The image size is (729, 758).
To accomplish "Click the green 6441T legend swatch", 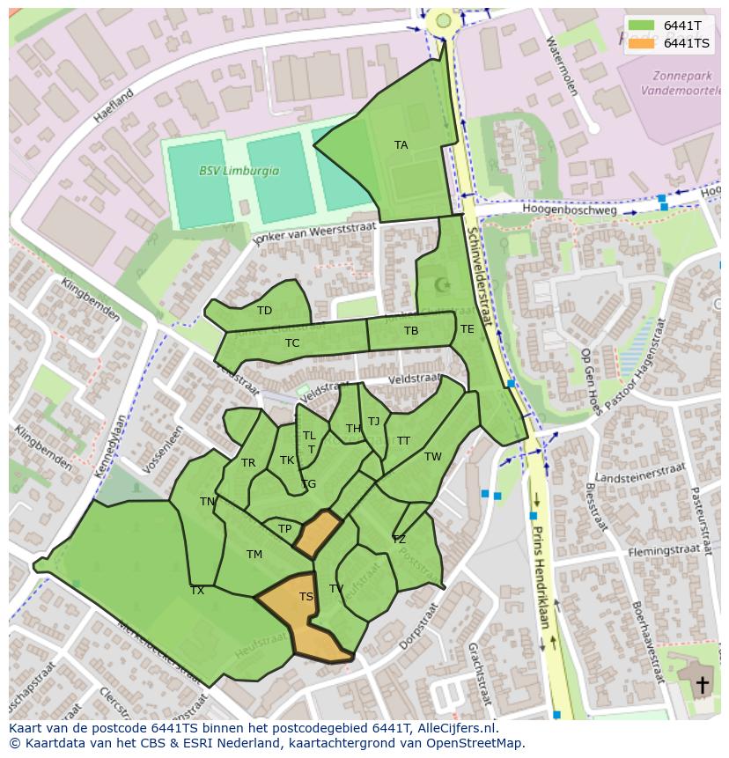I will coord(641,26).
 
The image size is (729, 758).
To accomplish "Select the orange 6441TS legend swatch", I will coord(641,43).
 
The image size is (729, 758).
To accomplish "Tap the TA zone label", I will coord(401,145).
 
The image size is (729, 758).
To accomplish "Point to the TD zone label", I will coord(264,311).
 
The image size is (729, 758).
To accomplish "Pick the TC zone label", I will coord(292,343).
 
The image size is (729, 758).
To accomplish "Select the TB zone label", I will coord(411,331).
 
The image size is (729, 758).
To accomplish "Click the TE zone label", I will coord(467,329).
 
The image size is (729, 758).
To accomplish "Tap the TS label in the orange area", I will coord(306,597).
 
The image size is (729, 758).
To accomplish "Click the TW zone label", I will coord(432,457).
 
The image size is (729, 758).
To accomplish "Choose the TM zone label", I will coord(254,555).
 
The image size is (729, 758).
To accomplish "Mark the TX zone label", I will coord(197,591).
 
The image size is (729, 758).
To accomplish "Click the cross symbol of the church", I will coord(702,684).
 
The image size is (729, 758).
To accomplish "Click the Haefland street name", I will coord(115,105).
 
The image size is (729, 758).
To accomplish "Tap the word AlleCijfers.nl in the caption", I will coord(452,728).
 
